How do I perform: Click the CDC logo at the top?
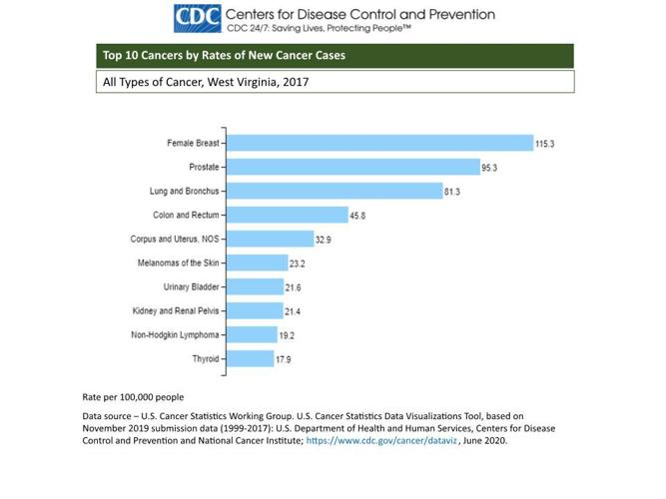pyautogui.click(x=197, y=18)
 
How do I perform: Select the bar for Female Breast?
pyautogui.click(x=379, y=143)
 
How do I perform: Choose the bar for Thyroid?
pyautogui.click(x=250, y=358)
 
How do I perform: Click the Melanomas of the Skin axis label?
pyautogui.click(x=178, y=263)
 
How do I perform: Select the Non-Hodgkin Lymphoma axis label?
pyautogui.click(x=175, y=335)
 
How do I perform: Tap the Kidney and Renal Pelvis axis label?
pyautogui.click(x=176, y=311)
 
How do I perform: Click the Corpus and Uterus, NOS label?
pyautogui.click(x=175, y=240)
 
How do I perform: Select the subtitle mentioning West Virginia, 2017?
pyautogui.click(x=206, y=82)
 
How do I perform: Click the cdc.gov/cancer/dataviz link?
pyautogui.click(x=381, y=440)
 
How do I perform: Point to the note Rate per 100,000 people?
pyautogui.click(x=133, y=396)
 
